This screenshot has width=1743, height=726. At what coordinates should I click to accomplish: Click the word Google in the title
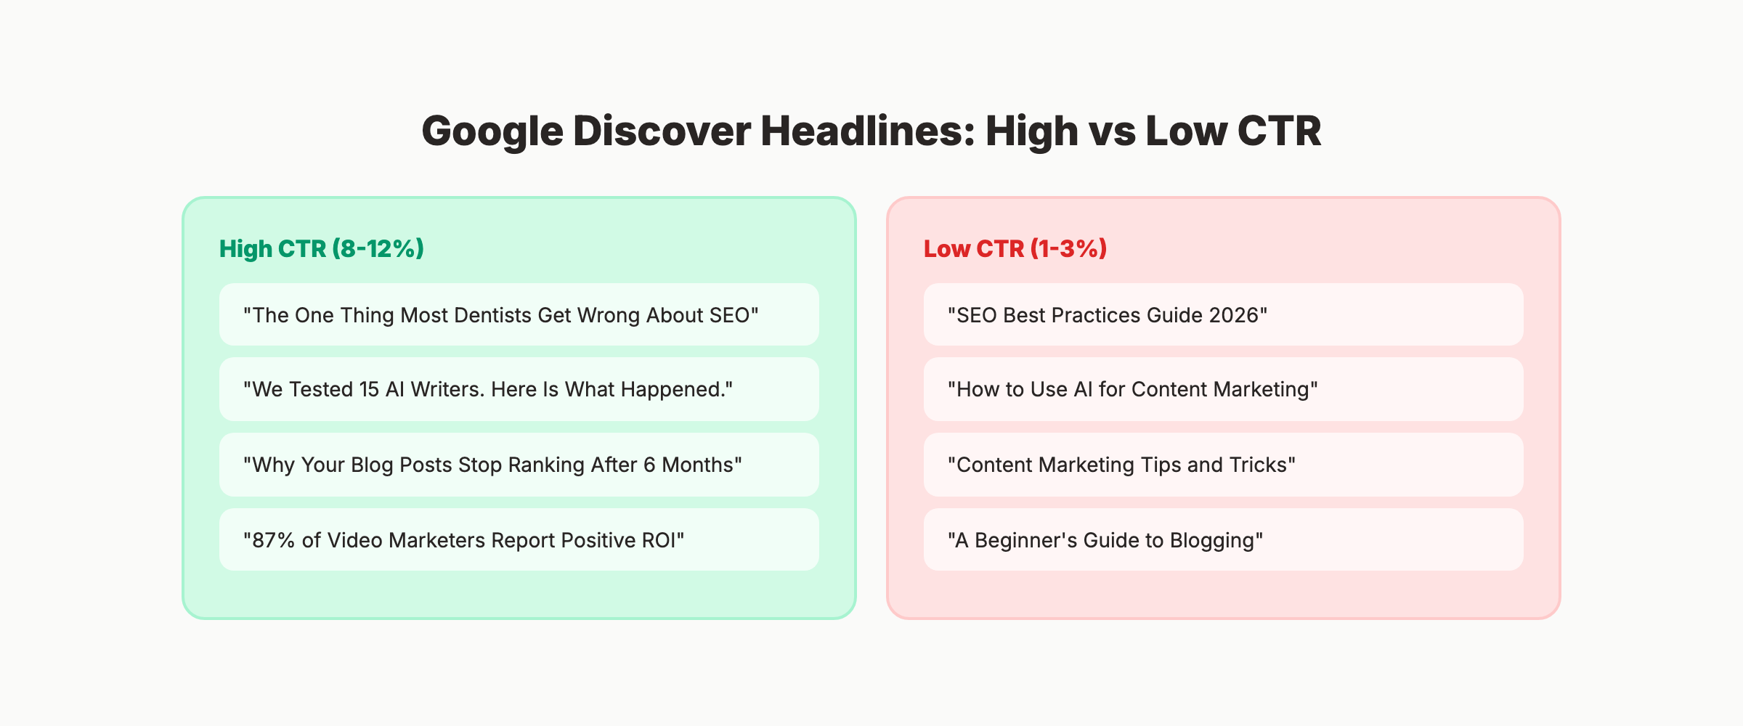click(x=492, y=132)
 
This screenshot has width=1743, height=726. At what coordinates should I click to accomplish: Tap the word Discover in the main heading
click(x=662, y=132)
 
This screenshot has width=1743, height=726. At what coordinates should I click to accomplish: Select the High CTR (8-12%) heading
click(x=321, y=249)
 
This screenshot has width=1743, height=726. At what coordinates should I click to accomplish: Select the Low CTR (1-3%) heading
click(x=1015, y=249)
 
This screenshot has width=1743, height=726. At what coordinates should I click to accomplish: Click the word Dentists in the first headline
click(x=492, y=316)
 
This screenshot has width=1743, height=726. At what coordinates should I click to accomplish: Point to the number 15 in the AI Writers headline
click(x=369, y=390)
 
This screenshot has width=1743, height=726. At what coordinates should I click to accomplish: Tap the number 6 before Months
click(x=649, y=465)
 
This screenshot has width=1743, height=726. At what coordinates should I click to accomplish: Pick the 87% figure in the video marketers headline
click(x=273, y=541)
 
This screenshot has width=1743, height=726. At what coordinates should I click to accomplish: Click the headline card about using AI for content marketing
click(x=1223, y=390)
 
